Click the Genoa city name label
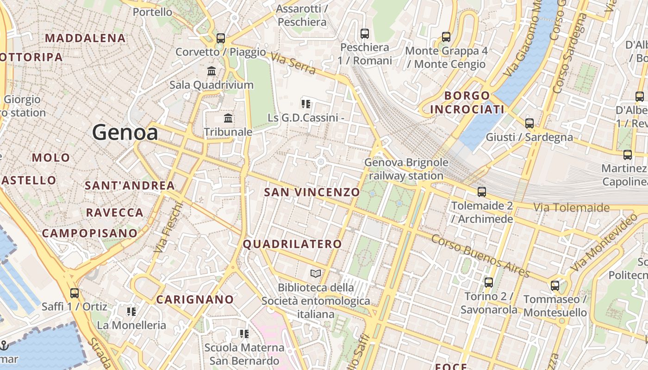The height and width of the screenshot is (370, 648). point(125,133)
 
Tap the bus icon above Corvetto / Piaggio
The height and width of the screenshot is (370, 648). point(221,38)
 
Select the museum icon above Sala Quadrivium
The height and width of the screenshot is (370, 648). point(212,71)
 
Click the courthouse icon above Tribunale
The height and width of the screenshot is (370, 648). point(228,118)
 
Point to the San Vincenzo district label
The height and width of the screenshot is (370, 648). point(312,192)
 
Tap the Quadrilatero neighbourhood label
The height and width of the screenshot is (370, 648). point(293,244)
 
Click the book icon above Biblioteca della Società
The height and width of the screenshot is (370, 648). point(316,274)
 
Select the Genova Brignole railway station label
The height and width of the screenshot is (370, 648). point(406,169)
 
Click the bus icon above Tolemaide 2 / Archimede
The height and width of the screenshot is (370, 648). point(482,191)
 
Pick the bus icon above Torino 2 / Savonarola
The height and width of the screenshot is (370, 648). point(488,282)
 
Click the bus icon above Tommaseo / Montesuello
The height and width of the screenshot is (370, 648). point(555,285)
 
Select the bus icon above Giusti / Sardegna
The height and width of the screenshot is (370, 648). point(529,123)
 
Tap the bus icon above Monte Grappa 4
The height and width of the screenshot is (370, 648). point(446,37)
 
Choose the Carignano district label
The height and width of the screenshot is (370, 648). point(195,300)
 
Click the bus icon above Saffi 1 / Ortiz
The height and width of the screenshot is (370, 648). point(74,293)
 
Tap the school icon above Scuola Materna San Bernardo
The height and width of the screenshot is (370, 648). point(244,333)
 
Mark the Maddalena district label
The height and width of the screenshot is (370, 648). point(86,38)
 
